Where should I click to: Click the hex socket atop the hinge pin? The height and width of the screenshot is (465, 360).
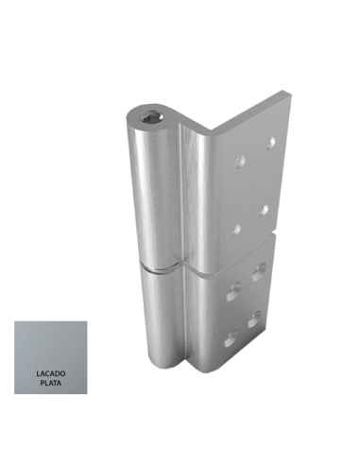(152, 117)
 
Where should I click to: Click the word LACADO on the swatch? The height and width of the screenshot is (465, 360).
(51, 374)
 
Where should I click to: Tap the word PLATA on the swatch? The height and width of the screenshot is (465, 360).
(51, 384)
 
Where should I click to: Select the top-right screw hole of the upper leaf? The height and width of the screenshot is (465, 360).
(270, 143)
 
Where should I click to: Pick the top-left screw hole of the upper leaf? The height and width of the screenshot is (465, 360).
(241, 162)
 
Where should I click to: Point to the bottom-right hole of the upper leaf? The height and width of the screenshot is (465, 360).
(264, 211)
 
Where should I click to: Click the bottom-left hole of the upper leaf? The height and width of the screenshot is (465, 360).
(236, 230)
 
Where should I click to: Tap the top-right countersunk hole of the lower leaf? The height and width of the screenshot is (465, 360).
(259, 271)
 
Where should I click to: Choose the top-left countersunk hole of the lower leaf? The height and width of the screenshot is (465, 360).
(234, 291)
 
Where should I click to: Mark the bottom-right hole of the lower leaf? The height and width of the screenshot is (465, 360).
(254, 319)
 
